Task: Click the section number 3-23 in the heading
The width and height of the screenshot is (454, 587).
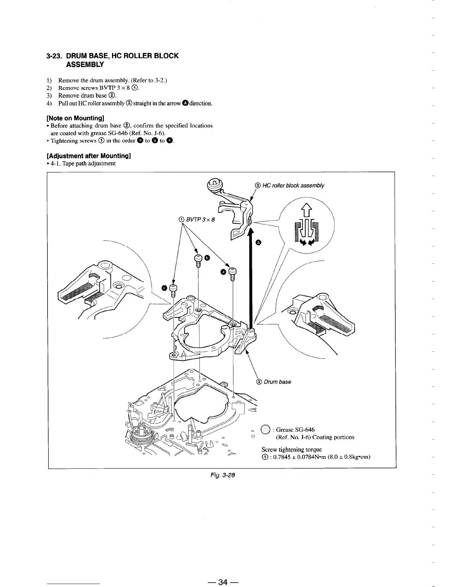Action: [54, 56]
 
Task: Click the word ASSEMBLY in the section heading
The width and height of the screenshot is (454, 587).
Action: [85, 64]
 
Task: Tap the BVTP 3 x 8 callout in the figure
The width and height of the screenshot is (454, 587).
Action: [199, 219]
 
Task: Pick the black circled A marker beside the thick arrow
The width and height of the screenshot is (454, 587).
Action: [259, 242]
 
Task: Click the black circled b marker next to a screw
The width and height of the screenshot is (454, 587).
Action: [207, 258]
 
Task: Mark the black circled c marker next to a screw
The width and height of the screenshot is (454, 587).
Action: [164, 288]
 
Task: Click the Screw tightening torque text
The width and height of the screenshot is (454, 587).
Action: [292, 450]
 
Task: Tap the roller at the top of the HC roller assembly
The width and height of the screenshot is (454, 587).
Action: [216, 183]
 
